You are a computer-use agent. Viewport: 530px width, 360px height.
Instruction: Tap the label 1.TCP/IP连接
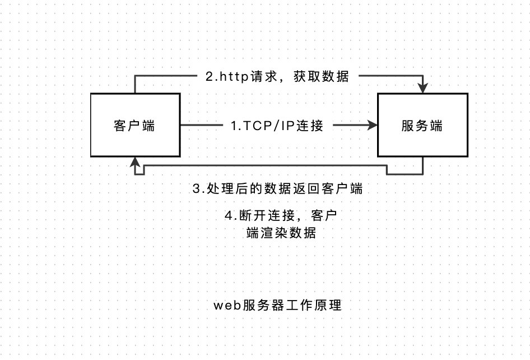click(277, 126)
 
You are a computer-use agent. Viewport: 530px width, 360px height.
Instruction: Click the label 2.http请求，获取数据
click(277, 76)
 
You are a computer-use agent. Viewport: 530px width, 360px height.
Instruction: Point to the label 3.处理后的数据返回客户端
click(277, 189)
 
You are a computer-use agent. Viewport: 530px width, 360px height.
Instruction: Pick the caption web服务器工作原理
click(277, 306)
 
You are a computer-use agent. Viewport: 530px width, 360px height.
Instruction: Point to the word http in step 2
click(230, 77)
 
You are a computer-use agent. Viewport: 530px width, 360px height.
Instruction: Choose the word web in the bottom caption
click(225, 306)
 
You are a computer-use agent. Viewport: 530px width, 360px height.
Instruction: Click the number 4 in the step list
click(228, 215)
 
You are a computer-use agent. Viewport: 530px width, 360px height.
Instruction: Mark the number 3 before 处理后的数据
click(196, 189)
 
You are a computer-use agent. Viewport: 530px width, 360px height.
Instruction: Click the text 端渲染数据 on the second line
click(281, 233)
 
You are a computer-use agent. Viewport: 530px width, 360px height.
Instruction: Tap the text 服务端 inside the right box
click(422, 126)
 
